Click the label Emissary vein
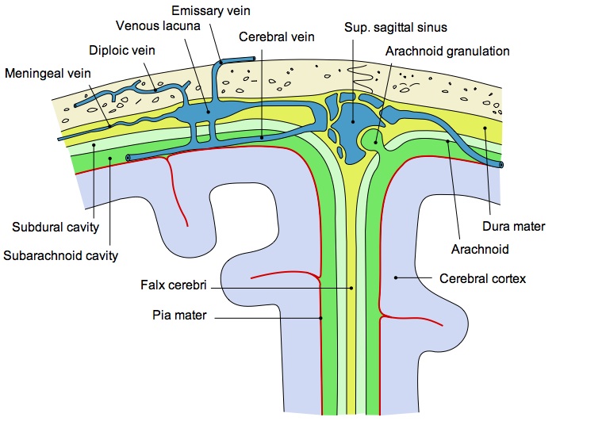pyautogui.click(x=216, y=11)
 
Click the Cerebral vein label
pyautogui.click(x=276, y=36)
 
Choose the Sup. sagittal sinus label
pyautogui.click(x=396, y=28)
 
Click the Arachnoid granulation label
pyautogui.click(x=447, y=51)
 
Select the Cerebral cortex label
pyautogui.click(x=482, y=279)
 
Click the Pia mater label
pyautogui.click(x=179, y=316)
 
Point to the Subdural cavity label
pyautogui.click(x=55, y=228)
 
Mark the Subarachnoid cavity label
pyautogui.click(x=61, y=255)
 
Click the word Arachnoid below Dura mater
pyautogui.click(x=480, y=249)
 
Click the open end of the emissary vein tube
pyautogui.click(x=253, y=59)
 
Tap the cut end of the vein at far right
pyautogui.click(x=501, y=165)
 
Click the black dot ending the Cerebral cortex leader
pyautogui.click(x=395, y=277)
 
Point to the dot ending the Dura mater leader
pyautogui.click(x=484, y=129)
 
